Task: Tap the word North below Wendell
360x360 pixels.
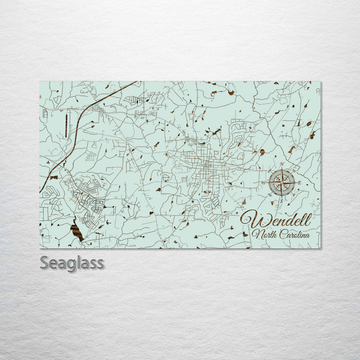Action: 263,234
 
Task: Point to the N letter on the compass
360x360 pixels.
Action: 281,165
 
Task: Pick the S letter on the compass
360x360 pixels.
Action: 281,200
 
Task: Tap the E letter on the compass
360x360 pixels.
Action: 299,183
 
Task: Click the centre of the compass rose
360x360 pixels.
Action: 281,183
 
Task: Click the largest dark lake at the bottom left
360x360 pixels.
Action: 76,230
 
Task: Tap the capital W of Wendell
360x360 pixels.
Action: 250,219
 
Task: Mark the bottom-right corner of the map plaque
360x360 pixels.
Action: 320,248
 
